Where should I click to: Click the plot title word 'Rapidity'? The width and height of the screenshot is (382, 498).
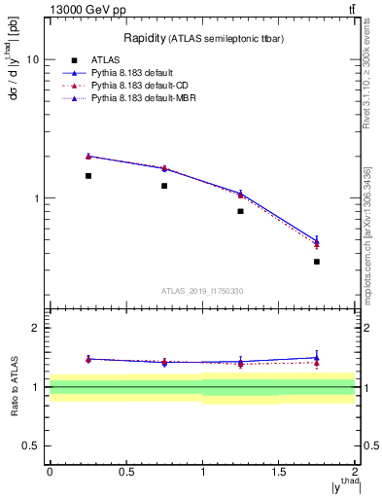click(145, 38)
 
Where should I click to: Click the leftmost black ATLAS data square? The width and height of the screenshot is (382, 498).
click(87, 176)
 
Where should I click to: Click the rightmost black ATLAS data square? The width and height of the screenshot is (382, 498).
click(317, 262)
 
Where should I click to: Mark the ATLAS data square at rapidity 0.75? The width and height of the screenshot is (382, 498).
click(164, 186)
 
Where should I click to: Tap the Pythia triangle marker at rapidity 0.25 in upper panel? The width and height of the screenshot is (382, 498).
click(87, 156)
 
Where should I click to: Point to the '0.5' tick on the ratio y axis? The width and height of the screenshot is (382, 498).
click(32, 445)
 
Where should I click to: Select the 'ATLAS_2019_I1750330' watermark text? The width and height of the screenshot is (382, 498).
click(202, 291)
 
